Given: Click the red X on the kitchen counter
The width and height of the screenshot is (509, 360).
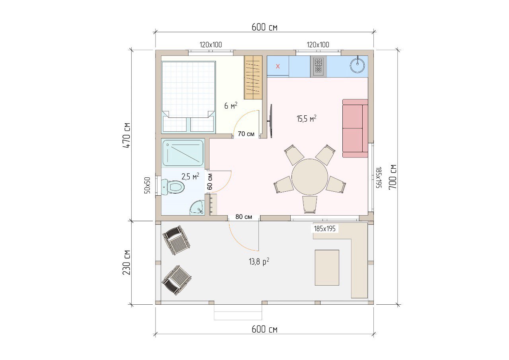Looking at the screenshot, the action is pyautogui.click(x=278, y=66).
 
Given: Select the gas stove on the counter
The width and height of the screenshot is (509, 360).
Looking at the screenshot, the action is pyautogui.click(x=319, y=66).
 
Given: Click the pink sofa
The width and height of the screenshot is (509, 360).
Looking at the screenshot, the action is pyautogui.click(x=355, y=128).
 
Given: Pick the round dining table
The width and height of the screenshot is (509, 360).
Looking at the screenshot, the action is pyautogui.click(x=310, y=177).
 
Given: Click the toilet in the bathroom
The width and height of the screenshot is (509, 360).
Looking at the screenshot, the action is pyautogui.click(x=173, y=187).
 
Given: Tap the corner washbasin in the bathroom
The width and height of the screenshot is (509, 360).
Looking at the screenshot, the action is pyautogui.click(x=197, y=208).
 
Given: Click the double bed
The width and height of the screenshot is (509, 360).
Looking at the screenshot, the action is pyautogui.click(x=188, y=97).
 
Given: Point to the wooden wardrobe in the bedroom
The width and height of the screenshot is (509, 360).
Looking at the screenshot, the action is pyautogui.click(x=253, y=77).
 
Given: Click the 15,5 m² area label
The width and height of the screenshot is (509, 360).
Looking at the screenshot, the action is pyautogui.click(x=306, y=119).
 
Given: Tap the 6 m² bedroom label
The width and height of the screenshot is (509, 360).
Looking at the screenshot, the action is pyautogui.click(x=231, y=105).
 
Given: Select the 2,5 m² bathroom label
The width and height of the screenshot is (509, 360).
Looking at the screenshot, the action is pyautogui.click(x=190, y=176).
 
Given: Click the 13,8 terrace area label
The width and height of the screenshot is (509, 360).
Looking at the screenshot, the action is pyautogui.click(x=259, y=262).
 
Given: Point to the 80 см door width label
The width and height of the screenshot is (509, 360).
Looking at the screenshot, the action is pyautogui.click(x=244, y=216).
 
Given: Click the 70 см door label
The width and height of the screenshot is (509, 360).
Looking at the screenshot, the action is pyautogui.click(x=246, y=134).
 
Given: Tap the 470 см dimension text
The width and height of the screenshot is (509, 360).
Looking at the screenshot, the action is pyautogui.click(x=126, y=136).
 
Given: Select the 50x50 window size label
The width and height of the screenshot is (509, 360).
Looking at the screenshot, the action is pyautogui.click(x=147, y=185).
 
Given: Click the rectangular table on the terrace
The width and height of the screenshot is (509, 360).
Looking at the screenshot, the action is pyautogui.click(x=327, y=267).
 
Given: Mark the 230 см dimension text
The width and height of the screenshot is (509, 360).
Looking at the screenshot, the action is pyautogui.click(x=126, y=263).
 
